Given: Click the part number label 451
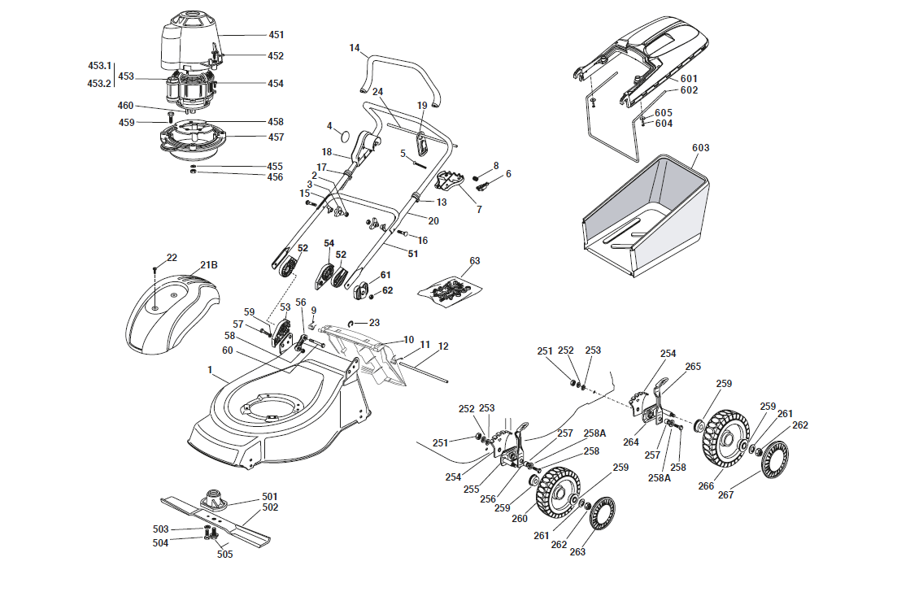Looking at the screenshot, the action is coord(276,35).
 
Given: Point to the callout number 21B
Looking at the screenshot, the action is coord(209,264).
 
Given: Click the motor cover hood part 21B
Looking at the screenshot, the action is coord(172,313).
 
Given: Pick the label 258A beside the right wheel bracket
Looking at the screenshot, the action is coord(660,477).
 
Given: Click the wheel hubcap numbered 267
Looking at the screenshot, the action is coord(774,459).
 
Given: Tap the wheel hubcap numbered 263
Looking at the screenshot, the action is coord(603,512).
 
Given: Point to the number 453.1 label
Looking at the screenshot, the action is coord(99,66).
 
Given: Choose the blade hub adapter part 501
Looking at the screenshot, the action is coord(212,499).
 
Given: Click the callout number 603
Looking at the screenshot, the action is coord(700,147).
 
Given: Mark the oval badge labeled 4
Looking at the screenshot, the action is coord(345,136).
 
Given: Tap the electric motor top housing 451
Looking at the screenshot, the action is coord(189,41).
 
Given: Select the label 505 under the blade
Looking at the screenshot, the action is coord(224,555).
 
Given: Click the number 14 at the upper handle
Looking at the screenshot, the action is coord(355,48).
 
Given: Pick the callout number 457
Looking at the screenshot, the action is coord(276,137).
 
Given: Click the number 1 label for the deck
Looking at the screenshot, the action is coord(210,370).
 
